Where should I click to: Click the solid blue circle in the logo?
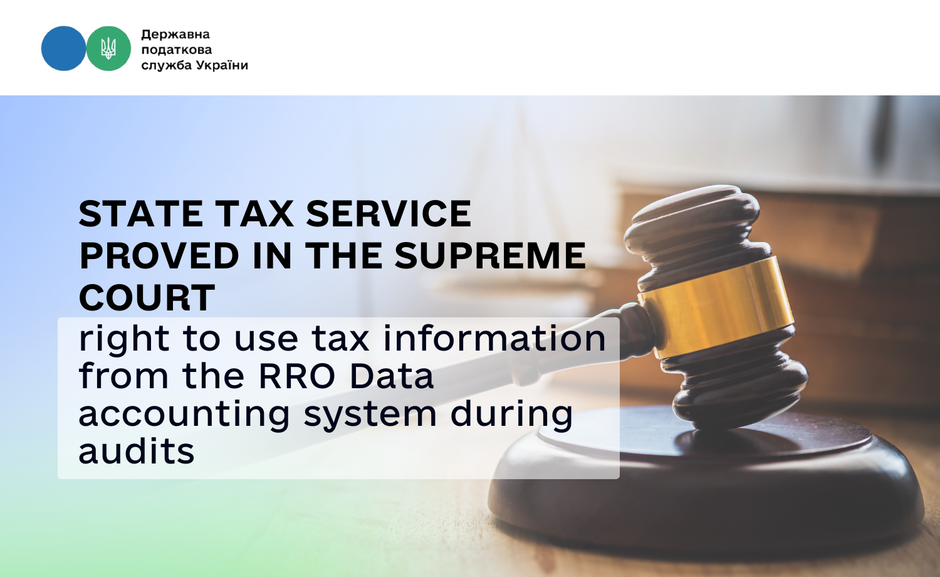(x=64, y=48)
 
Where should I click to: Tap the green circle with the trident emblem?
(x=108, y=48)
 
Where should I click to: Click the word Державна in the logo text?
(x=175, y=34)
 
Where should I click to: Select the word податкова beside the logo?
(x=177, y=50)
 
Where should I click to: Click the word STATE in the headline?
(x=141, y=214)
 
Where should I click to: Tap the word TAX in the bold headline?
(x=256, y=214)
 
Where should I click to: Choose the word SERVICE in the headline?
(x=389, y=214)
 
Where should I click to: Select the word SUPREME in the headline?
(x=489, y=255)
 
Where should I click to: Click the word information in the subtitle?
(x=494, y=338)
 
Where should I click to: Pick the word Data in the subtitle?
(x=392, y=376)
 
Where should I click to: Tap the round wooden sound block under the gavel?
(x=705, y=483)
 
